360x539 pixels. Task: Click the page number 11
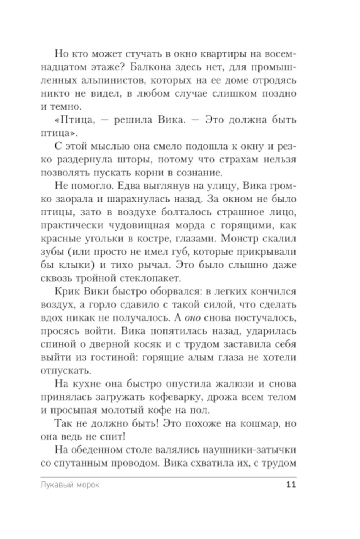click(x=291, y=484)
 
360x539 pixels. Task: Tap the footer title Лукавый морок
click(x=70, y=485)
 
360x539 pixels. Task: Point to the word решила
click(x=133, y=120)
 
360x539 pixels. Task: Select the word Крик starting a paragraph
click(x=68, y=291)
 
